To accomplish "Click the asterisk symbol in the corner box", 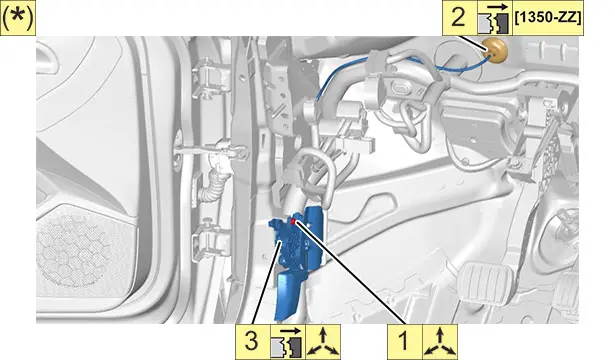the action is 18,19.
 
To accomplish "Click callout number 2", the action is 458,17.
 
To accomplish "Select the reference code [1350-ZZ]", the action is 548,18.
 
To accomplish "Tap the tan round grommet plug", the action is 495,51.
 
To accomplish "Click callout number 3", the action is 251,340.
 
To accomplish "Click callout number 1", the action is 404,340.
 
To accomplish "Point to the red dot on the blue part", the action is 294,222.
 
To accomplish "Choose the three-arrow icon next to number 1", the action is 440,342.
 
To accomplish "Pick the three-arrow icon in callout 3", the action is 323,342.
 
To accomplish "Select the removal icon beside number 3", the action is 287,342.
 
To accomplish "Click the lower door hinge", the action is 210,241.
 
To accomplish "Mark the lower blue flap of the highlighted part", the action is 289,295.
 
